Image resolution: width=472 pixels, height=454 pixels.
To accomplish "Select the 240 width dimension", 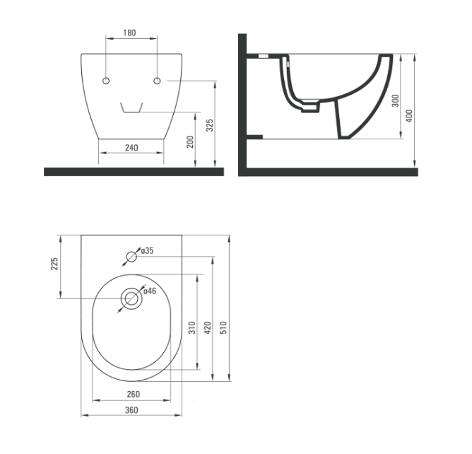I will coord(131,148).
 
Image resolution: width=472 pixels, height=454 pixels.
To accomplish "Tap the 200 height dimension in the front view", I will coord(189,141).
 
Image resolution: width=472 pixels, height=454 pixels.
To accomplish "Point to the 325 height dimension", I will coord(210,126).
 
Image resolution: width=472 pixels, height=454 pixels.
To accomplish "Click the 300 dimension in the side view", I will coord(396,100).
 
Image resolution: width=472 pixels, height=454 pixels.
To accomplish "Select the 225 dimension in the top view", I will coord(55,264).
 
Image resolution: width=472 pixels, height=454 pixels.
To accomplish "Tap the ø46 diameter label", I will coord(150,291).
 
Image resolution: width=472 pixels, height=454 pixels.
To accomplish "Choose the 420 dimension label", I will coord(207,327).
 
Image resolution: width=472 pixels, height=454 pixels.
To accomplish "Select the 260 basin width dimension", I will coord(133,394).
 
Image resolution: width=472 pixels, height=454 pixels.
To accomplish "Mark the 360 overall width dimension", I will coord(131,410).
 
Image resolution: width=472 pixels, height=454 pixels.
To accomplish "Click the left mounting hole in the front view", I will coord(106,81).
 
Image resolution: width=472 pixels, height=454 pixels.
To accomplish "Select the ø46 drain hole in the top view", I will coord(131,298).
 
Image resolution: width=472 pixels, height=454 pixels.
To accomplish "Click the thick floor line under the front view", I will coord(134,172).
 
